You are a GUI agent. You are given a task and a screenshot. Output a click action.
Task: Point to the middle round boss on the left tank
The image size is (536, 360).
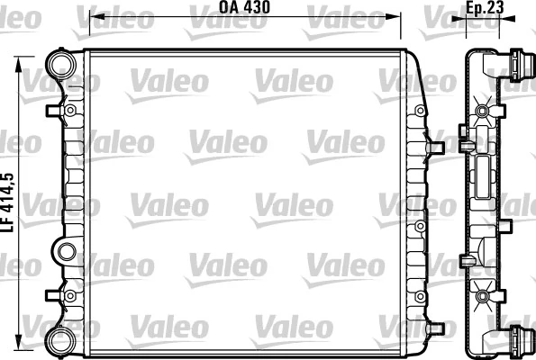click(65, 249)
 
